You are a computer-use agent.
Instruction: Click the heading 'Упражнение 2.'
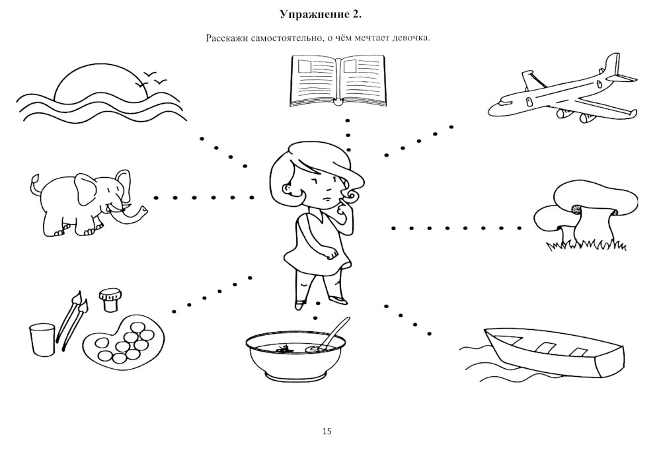pyautogui.click(x=321, y=15)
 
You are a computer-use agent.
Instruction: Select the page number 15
pyautogui.click(x=327, y=432)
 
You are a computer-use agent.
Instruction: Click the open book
pyautogui.click(x=338, y=81)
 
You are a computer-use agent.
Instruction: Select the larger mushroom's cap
pyautogui.click(x=595, y=198)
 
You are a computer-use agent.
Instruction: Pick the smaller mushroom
pyautogui.click(x=552, y=223)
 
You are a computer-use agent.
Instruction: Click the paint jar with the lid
pyautogui.click(x=110, y=300)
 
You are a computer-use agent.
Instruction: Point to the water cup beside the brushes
pyautogui.click(x=42, y=339)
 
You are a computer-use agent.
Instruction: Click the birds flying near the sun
pyautogui.click(x=153, y=79)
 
